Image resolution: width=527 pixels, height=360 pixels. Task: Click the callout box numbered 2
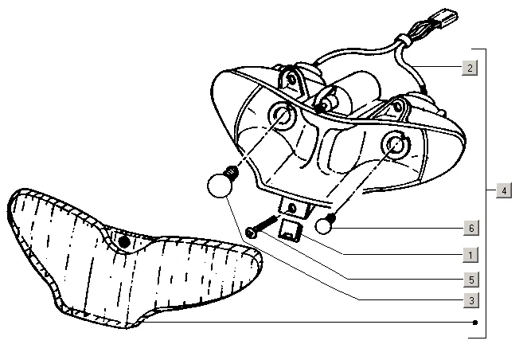tap(470, 68)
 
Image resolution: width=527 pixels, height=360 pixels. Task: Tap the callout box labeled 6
tap(470, 228)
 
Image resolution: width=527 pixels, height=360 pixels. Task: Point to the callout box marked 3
tap(470, 300)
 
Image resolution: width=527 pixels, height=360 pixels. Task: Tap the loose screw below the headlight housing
tap(263, 225)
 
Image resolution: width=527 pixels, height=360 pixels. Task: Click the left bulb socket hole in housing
tap(281, 116)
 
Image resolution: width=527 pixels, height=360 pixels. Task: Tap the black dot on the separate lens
tap(123, 241)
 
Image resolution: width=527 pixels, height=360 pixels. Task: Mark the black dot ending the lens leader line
tap(474, 323)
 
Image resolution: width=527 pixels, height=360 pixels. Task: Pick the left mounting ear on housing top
tap(297, 79)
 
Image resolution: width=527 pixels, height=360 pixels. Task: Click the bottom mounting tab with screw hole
tap(294, 209)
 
